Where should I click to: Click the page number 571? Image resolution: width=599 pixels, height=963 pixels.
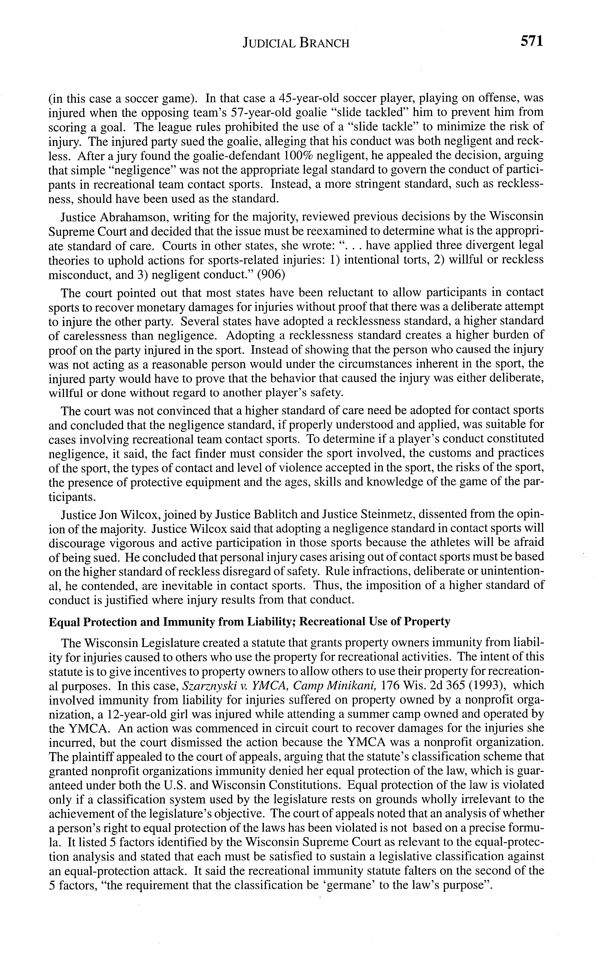pos(531,41)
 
